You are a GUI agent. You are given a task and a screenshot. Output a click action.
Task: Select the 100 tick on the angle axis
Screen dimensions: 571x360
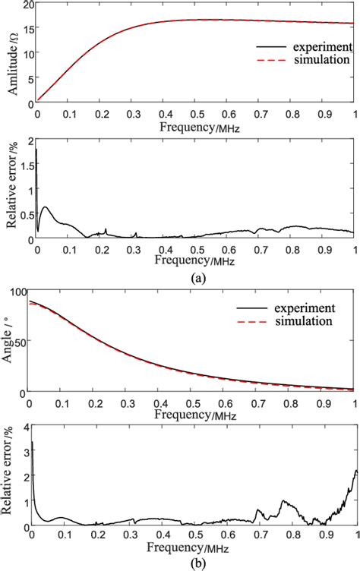click(x=21, y=292)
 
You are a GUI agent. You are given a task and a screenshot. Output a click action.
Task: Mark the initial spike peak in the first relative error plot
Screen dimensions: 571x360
click(x=36, y=150)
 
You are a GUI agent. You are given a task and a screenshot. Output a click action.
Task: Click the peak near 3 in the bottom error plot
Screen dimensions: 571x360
click(x=32, y=442)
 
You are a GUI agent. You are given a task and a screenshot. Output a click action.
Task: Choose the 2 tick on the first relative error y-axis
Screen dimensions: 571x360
click(x=30, y=141)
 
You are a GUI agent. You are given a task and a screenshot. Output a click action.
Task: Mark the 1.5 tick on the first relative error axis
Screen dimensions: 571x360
click(x=26, y=166)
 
